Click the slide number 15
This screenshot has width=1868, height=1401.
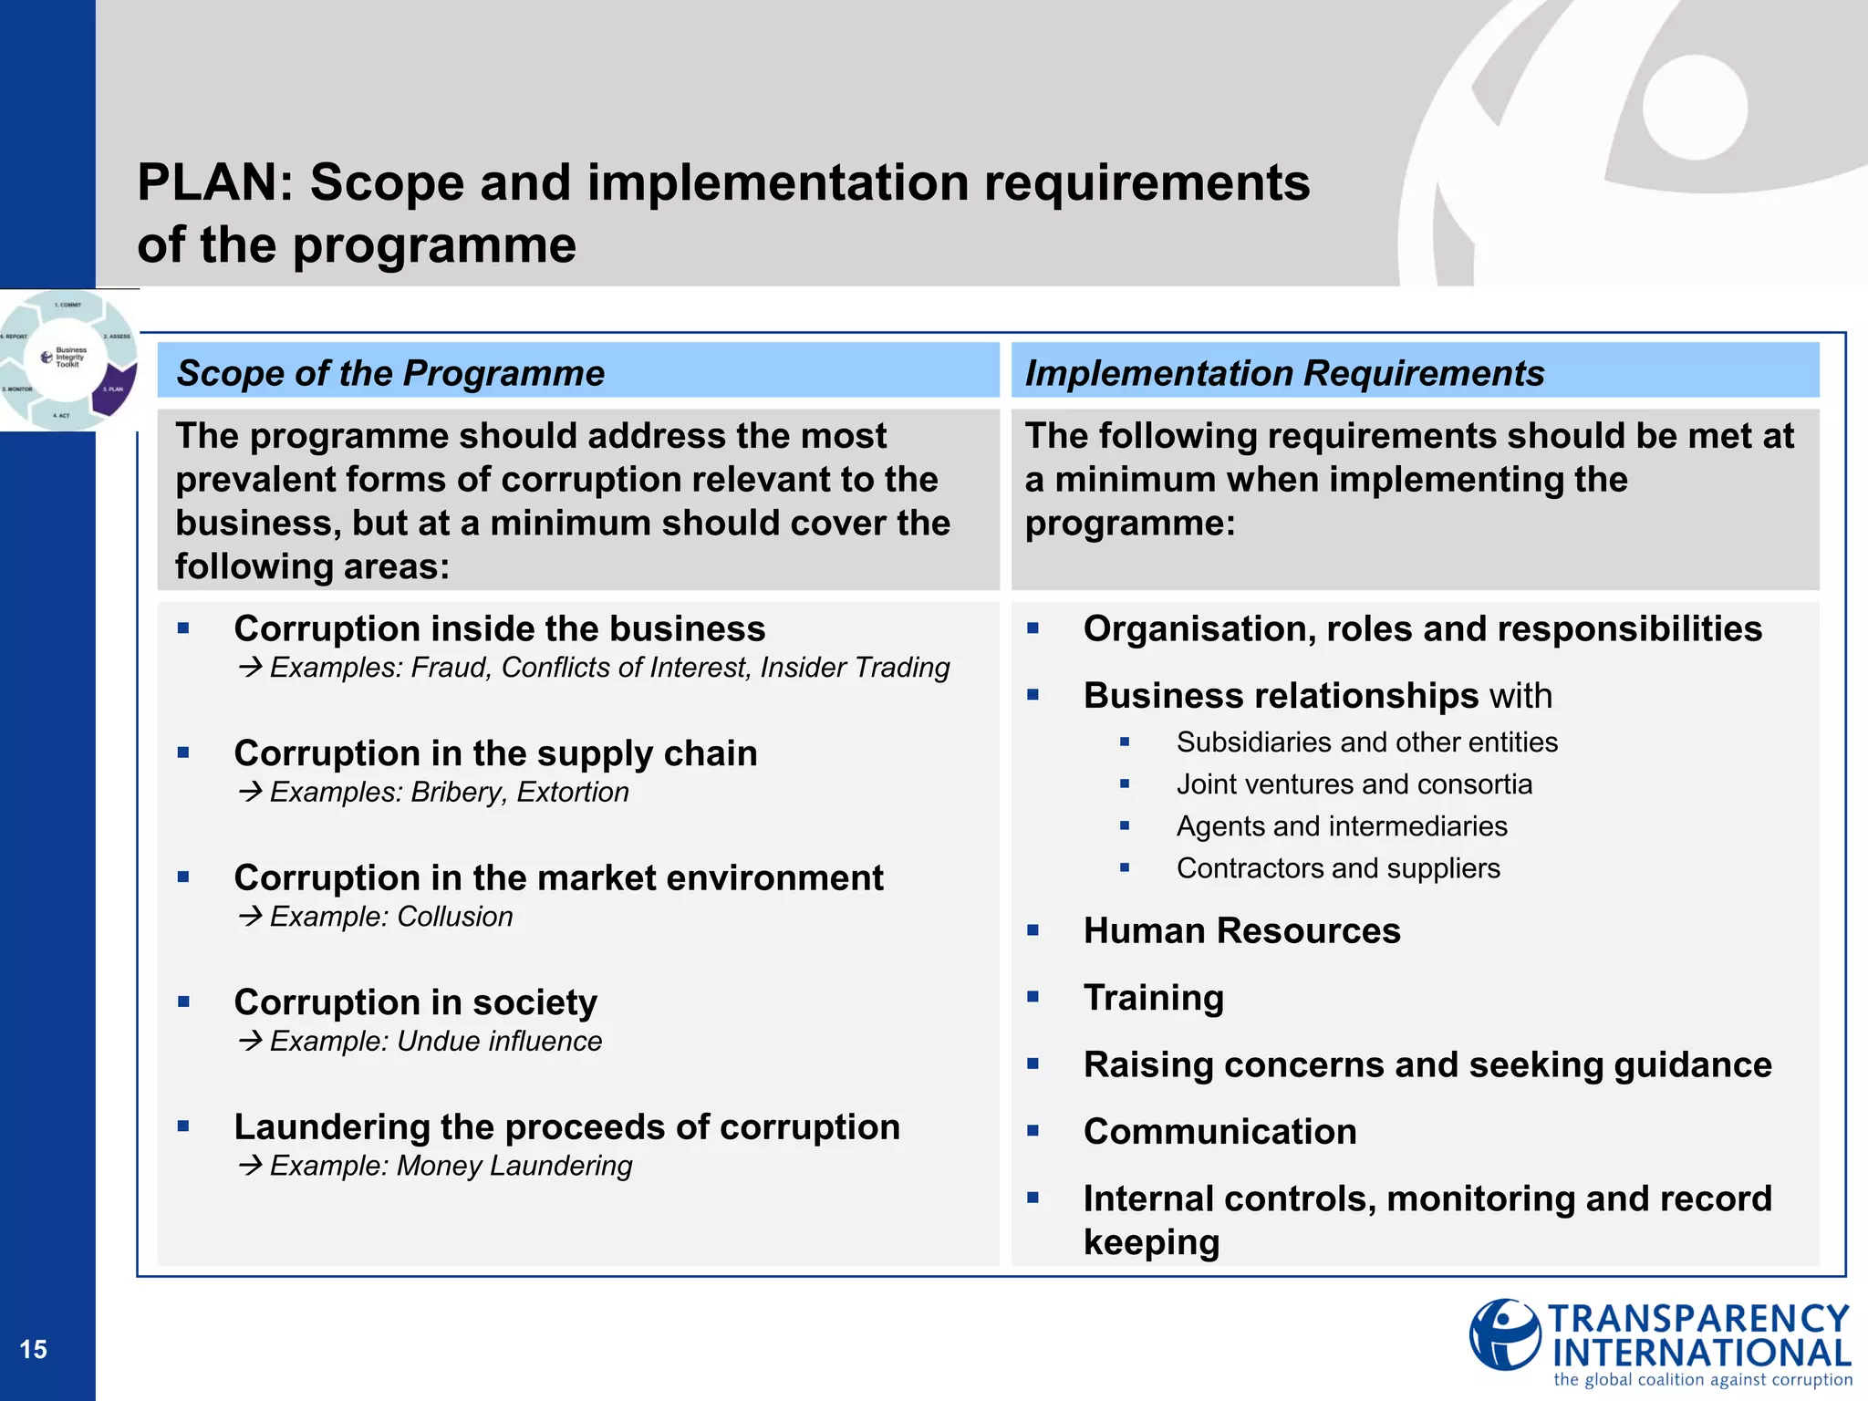(x=33, y=1350)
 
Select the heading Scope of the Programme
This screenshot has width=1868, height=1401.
(x=389, y=373)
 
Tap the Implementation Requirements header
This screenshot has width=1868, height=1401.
(x=1284, y=373)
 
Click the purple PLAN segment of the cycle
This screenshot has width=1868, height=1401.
(x=114, y=389)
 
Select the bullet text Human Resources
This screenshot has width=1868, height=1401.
(x=1241, y=931)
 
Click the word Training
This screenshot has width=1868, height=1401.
(x=1153, y=998)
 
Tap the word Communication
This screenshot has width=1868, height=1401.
(x=1219, y=1132)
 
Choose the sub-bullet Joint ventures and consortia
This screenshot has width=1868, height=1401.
(x=1354, y=784)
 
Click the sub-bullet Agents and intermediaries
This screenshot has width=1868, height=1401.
(x=1341, y=826)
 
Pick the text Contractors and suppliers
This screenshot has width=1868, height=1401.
(x=1337, y=868)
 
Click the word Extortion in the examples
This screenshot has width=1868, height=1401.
(x=573, y=792)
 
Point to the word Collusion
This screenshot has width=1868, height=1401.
(x=455, y=917)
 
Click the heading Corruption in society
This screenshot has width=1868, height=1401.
(x=415, y=1002)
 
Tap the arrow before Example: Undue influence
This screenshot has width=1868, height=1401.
(x=250, y=1041)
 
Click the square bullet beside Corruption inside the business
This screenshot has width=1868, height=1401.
(x=183, y=628)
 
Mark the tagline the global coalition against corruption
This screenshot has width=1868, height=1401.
(x=1702, y=1380)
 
